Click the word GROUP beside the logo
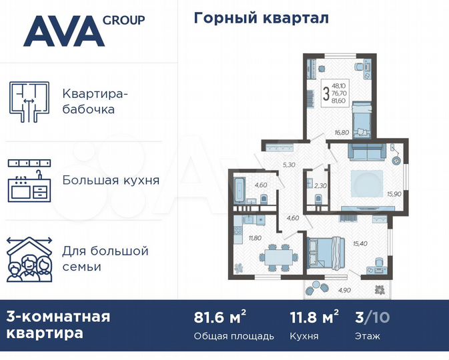(x=123, y=19)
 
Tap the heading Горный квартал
(x=261, y=18)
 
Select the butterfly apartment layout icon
(x=29, y=100)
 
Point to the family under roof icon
(x=29, y=259)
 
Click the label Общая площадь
(x=234, y=336)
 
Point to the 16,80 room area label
(x=342, y=133)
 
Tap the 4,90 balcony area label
(x=344, y=290)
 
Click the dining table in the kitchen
(x=275, y=255)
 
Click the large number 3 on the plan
(x=326, y=93)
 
